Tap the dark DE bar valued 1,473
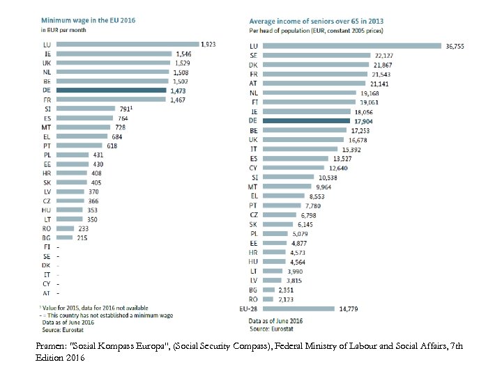pos(112,91)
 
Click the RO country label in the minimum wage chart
pos(46,228)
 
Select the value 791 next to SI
pos(123,109)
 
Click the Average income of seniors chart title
pos(326,22)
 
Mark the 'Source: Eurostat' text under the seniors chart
pos(273,327)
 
